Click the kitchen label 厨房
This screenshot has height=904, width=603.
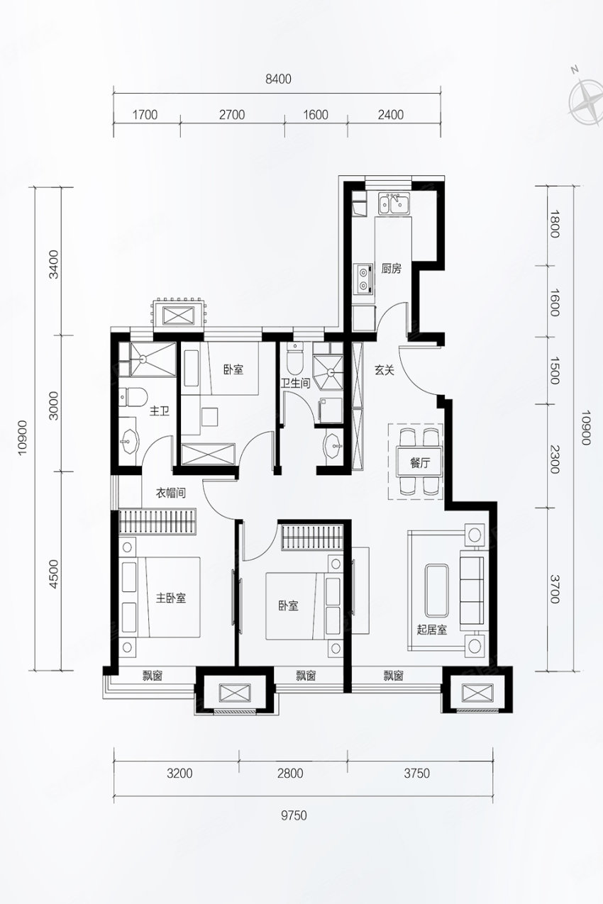click(391, 269)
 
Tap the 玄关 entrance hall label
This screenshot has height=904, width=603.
click(384, 370)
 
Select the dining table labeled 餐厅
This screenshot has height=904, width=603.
click(419, 463)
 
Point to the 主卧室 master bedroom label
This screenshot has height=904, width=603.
click(171, 598)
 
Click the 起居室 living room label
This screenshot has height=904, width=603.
click(432, 629)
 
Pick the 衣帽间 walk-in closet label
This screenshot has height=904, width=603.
click(171, 493)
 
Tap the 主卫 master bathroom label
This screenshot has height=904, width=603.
click(159, 411)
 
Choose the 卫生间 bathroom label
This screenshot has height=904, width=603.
click(296, 383)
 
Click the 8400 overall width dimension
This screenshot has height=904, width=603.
click(278, 79)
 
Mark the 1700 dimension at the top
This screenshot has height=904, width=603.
click(145, 115)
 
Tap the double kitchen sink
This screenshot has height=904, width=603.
click(394, 203)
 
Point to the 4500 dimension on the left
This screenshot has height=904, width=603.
click(54, 574)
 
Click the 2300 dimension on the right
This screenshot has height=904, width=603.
click(554, 459)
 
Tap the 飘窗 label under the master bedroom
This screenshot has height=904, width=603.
click(153, 676)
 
